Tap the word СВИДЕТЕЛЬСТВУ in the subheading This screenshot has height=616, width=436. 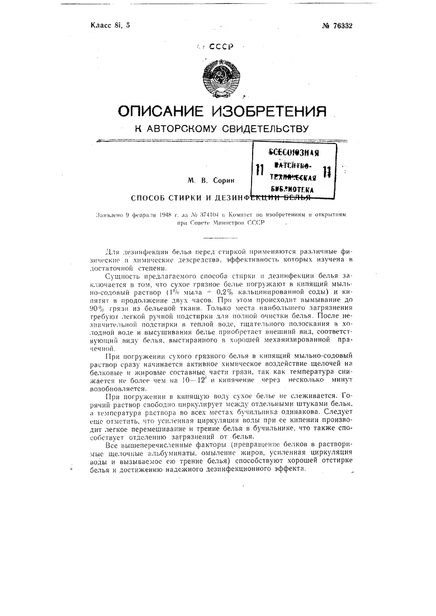(x=264, y=129)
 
